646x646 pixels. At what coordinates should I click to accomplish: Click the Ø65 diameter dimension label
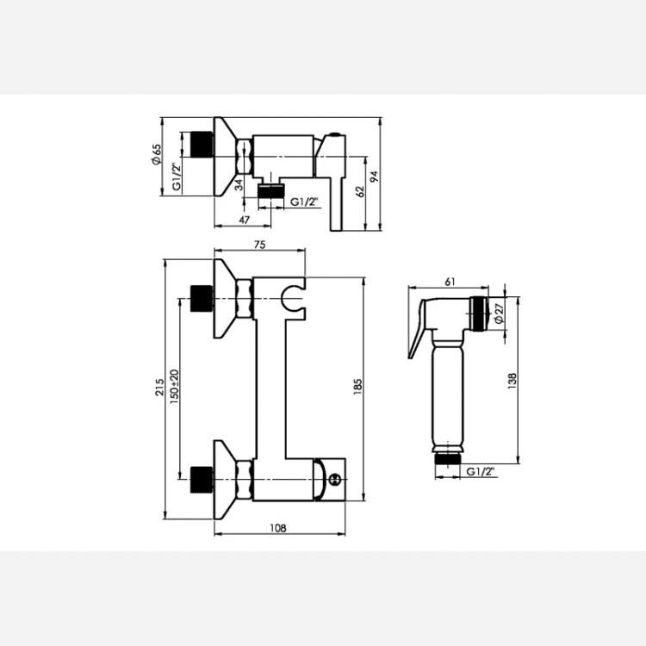(x=157, y=154)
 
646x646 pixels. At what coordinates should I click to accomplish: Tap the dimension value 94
(x=374, y=177)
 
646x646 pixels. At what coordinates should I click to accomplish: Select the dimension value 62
(x=360, y=191)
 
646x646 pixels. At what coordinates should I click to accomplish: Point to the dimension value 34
(x=239, y=185)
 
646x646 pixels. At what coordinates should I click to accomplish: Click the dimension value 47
(x=245, y=220)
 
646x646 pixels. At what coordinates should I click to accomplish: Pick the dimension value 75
(x=259, y=245)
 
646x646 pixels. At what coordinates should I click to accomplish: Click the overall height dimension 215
(x=159, y=388)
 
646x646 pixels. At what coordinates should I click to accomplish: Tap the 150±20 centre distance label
(x=174, y=387)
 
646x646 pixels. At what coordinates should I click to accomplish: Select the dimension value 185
(x=357, y=388)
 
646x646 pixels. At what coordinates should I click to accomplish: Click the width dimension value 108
(x=278, y=528)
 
